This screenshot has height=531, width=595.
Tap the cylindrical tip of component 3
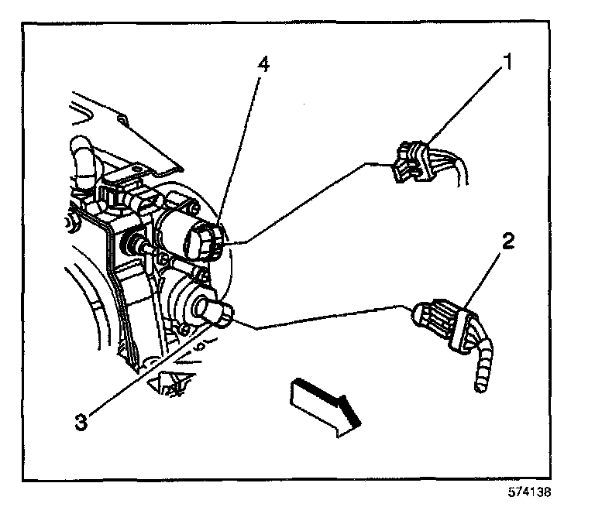[x=219, y=314]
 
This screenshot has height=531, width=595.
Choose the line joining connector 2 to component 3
[x=325, y=317]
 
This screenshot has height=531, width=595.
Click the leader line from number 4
[x=242, y=147]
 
